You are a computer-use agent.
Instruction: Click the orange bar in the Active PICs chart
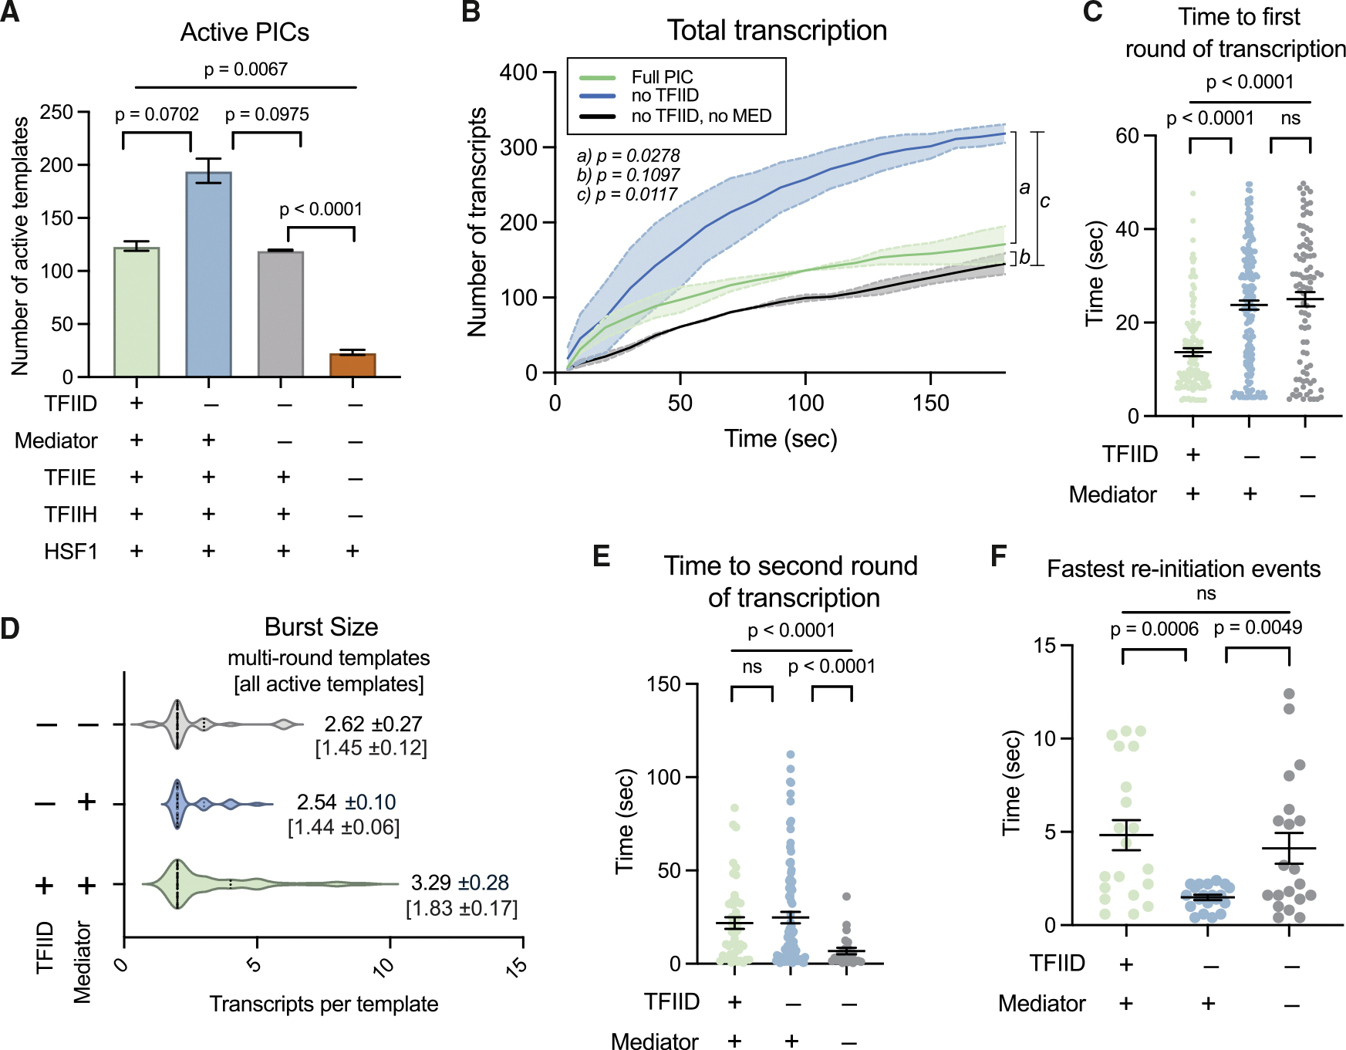point(353,365)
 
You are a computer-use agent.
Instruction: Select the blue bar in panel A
point(208,274)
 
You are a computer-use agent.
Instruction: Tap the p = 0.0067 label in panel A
point(245,69)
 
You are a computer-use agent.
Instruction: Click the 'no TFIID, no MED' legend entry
point(701,116)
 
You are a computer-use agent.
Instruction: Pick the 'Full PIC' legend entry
point(662,77)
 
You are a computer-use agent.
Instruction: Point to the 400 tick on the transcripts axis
point(518,73)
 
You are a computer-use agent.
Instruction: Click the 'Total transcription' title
point(777,31)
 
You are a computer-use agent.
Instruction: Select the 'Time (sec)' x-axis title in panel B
point(781,438)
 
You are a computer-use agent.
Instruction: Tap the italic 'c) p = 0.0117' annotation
point(627,194)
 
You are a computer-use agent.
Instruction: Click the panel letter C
point(1092,12)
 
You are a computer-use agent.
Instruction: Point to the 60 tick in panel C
point(1127,136)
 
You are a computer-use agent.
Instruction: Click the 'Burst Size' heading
point(321,626)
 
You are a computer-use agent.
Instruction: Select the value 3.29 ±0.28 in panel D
point(460,882)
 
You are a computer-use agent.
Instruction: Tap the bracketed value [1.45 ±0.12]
point(371,748)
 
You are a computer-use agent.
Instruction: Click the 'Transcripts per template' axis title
point(324,1004)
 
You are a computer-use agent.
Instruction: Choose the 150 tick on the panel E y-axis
point(663,684)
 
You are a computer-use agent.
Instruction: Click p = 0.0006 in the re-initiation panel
point(1154,630)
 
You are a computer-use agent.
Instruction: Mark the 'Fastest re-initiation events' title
point(1183,569)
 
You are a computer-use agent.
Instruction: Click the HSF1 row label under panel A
point(70,552)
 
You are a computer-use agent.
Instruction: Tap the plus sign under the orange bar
point(353,551)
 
